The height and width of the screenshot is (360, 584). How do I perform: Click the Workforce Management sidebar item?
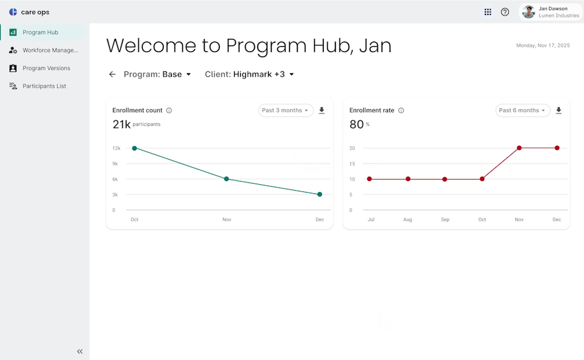coord(43,50)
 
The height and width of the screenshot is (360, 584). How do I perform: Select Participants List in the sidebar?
coord(38,86)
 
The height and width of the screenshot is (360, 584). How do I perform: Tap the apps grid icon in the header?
coord(487,12)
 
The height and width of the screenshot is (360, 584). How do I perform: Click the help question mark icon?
coord(505,12)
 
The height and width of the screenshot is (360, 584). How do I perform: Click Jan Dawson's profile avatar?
coord(528,12)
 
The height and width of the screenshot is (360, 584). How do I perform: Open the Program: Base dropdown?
coord(157,75)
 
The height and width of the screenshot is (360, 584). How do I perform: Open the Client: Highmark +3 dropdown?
coord(249,75)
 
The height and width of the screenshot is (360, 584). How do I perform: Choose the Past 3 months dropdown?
coord(286,110)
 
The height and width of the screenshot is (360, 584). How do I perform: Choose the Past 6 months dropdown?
coord(522,110)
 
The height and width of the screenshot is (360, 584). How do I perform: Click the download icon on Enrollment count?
coord(322,110)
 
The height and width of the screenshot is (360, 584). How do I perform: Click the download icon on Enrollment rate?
coord(559,110)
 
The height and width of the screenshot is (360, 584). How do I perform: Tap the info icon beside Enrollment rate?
coord(401,110)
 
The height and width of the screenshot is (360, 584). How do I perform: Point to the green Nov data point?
coord(226,179)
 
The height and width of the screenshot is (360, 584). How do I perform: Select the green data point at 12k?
coord(134,148)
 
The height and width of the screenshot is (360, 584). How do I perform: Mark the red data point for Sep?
coord(444,180)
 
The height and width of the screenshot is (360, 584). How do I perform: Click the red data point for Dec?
coord(557,148)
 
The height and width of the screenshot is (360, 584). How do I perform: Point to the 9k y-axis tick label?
coord(115,164)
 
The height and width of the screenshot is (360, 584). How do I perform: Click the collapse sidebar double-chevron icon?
coord(80,352)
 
